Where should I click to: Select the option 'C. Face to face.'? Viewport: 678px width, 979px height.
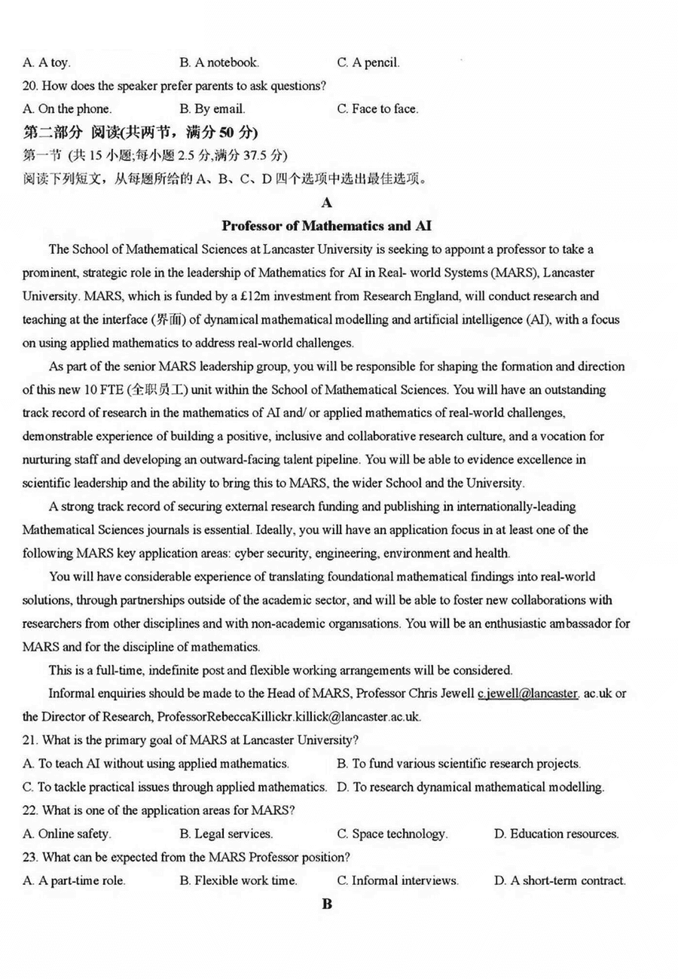[377, 109]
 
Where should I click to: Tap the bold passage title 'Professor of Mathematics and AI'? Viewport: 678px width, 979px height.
[326, 226]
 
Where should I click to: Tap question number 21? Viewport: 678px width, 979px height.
[32, 740]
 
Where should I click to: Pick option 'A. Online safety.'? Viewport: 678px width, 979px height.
[67, 834]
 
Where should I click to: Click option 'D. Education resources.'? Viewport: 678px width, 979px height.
[556, 834]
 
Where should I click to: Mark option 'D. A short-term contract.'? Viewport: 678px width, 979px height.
[559, 880]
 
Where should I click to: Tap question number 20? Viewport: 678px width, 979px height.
[32, 86]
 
